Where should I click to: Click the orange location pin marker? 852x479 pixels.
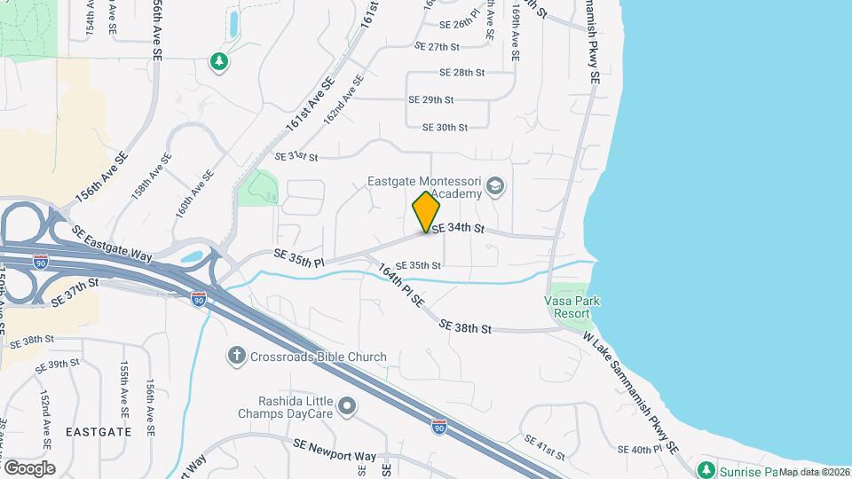(x=426, y=212)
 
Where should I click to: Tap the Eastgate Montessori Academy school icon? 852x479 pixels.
(x=495, y=186)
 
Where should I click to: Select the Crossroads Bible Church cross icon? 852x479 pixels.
(x=236, y=356)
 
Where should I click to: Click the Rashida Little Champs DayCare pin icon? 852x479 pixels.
(x=347, y=406)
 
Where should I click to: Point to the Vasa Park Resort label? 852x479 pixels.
(x=572, y=307)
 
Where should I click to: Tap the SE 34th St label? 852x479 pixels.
(x=458, y=229)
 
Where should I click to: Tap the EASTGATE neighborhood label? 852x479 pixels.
(x=98, y=432)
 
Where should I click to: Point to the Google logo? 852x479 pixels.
(x=29, y=467)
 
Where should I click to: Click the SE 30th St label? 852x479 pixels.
(x=445, y=127)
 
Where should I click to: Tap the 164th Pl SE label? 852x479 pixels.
(x=402, y=286)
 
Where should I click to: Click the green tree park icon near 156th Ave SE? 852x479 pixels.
(x=218, y=61)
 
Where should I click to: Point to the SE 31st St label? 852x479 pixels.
(x=296, y=156)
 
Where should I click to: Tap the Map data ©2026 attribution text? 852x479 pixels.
(x=814, y=472)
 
